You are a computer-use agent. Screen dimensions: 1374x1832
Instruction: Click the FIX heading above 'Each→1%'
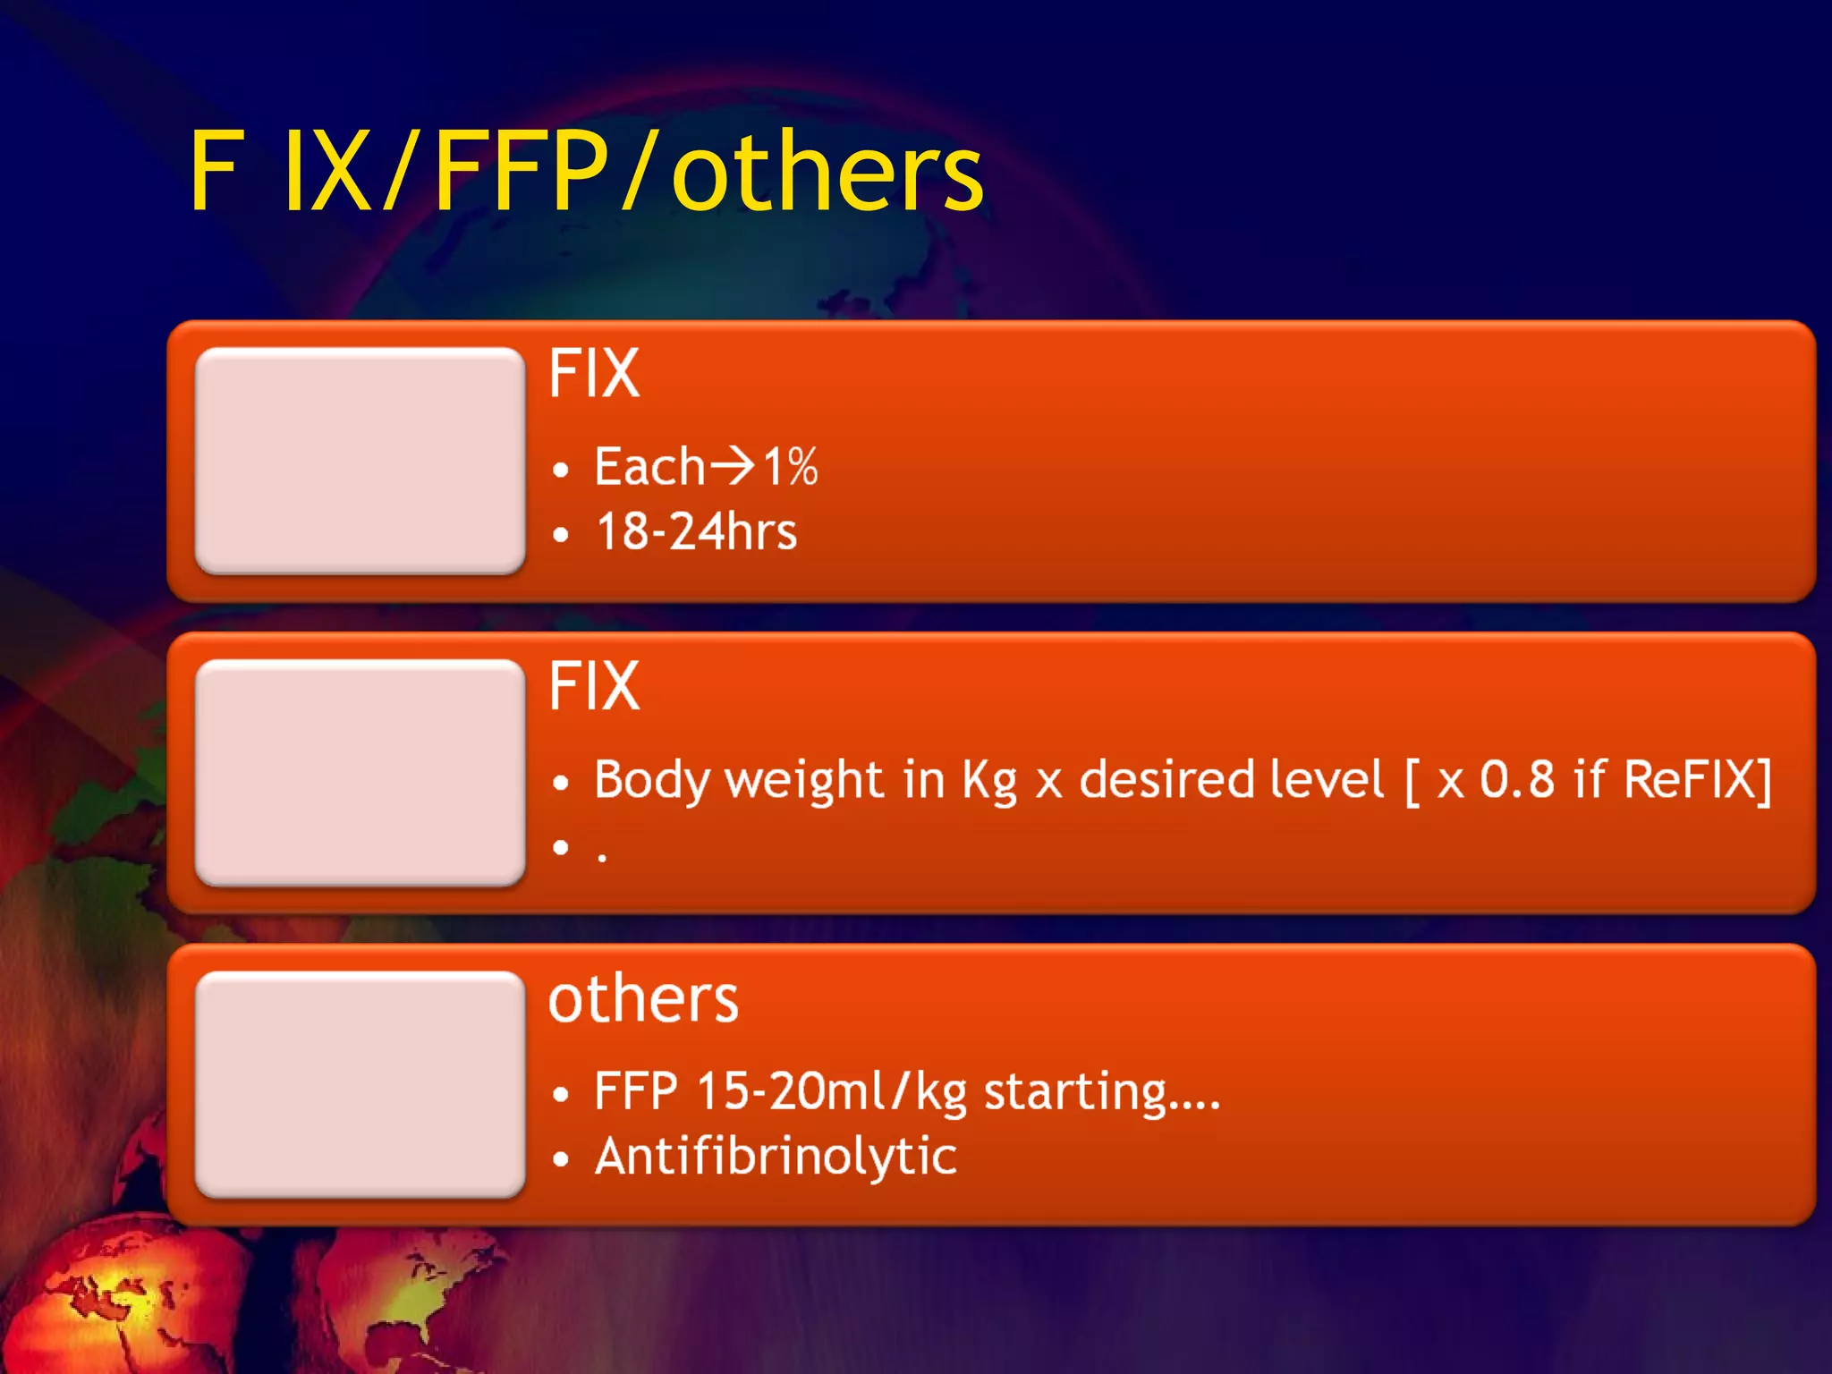click(x=594, y=373)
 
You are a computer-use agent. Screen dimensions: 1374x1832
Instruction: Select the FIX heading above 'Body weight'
click(x=594, y=686)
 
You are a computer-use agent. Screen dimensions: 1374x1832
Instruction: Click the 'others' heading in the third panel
click(x=643, y=999)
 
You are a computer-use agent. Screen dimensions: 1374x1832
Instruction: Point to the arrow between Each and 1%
click(x=733, y=465)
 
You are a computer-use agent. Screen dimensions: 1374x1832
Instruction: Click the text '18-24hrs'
click(x=696, y=531)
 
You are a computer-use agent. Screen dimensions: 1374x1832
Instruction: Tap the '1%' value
click(x=790, y=466)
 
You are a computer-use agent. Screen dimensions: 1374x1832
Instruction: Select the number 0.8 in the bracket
click(x=1517, y=778)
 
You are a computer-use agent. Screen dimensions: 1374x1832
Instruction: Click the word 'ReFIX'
click(x=1690, y=778)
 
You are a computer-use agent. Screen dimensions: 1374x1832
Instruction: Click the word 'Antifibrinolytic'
click(x=776, y=1156)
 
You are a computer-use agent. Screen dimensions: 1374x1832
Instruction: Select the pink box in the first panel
click(x=360, y=460)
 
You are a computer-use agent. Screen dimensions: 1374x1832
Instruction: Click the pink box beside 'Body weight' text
click(x=360, y=772)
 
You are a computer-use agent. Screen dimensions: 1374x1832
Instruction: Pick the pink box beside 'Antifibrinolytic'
click(x=360, y=1083)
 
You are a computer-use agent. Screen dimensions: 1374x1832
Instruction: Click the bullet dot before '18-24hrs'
click(x=561, y=535)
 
